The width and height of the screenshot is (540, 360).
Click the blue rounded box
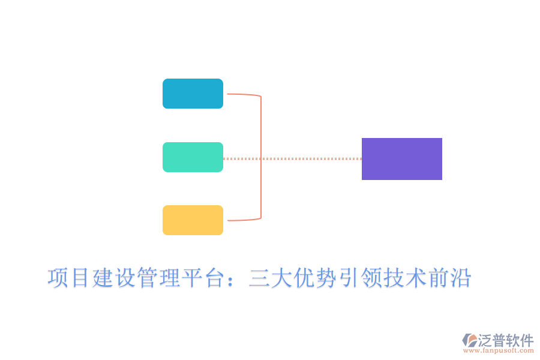[x=193, y=94]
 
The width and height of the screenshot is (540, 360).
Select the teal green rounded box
[x=193, y=157]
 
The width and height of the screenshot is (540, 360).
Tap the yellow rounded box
[x=193, y=220]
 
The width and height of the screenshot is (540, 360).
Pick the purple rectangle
[x=401, y=159]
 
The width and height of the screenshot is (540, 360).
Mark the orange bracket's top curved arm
[x=243, y=95]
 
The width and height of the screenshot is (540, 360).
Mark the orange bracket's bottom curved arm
[x=243, y=220]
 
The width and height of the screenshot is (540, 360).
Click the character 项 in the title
[x=58, y=278]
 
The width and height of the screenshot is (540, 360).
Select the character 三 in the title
[x=259, y=278]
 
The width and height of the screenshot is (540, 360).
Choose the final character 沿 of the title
[x=460, y=278]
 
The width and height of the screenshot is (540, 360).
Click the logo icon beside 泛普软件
[x=469, y=340]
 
